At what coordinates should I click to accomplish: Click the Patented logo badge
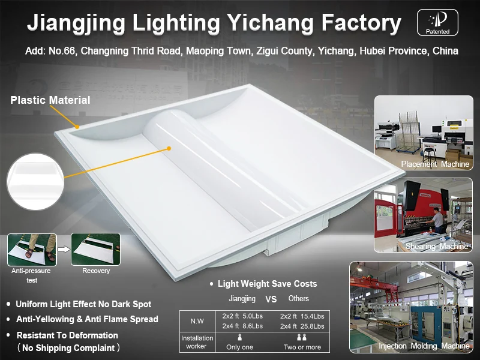click(x=437, y=22)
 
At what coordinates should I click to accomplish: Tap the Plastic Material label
click(x=50, y=100)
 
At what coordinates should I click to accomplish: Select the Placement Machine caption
click(x=435, y=164)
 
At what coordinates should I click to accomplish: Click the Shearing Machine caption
click(x=436, y=247)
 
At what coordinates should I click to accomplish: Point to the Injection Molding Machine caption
click(x=424, y=346)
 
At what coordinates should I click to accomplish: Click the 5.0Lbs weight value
click(x=252, y=316)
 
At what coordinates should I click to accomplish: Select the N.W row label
click(x=197, y=321)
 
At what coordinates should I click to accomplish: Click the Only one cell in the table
click(x=239, y=347)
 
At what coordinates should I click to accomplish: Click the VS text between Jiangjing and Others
click(x=271, y=299)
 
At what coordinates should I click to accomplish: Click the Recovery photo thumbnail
click(x=95, y=250)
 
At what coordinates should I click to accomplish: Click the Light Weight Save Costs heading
click(x=267, y=284)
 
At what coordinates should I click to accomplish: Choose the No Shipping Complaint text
click(x=68, y=348)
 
